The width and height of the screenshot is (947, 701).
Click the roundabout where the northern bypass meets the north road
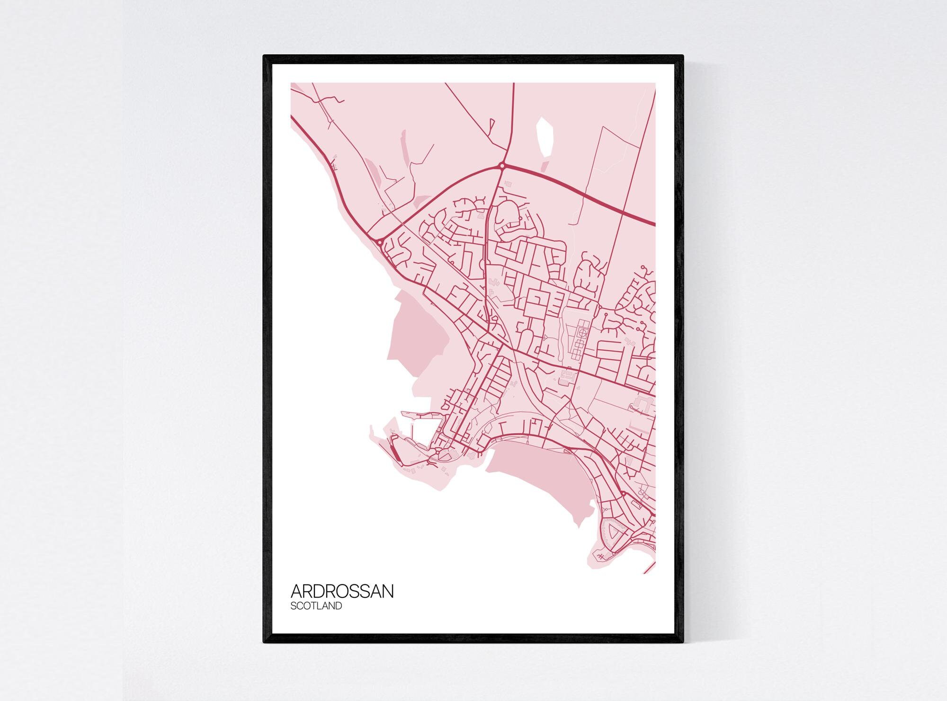click(501, 166)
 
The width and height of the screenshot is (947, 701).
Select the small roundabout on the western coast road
click(380, 242)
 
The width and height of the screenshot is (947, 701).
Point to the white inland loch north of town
click(545, 137)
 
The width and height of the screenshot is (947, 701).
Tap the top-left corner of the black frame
click(265, 57)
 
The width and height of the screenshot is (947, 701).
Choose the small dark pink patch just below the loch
click(545, 167)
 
